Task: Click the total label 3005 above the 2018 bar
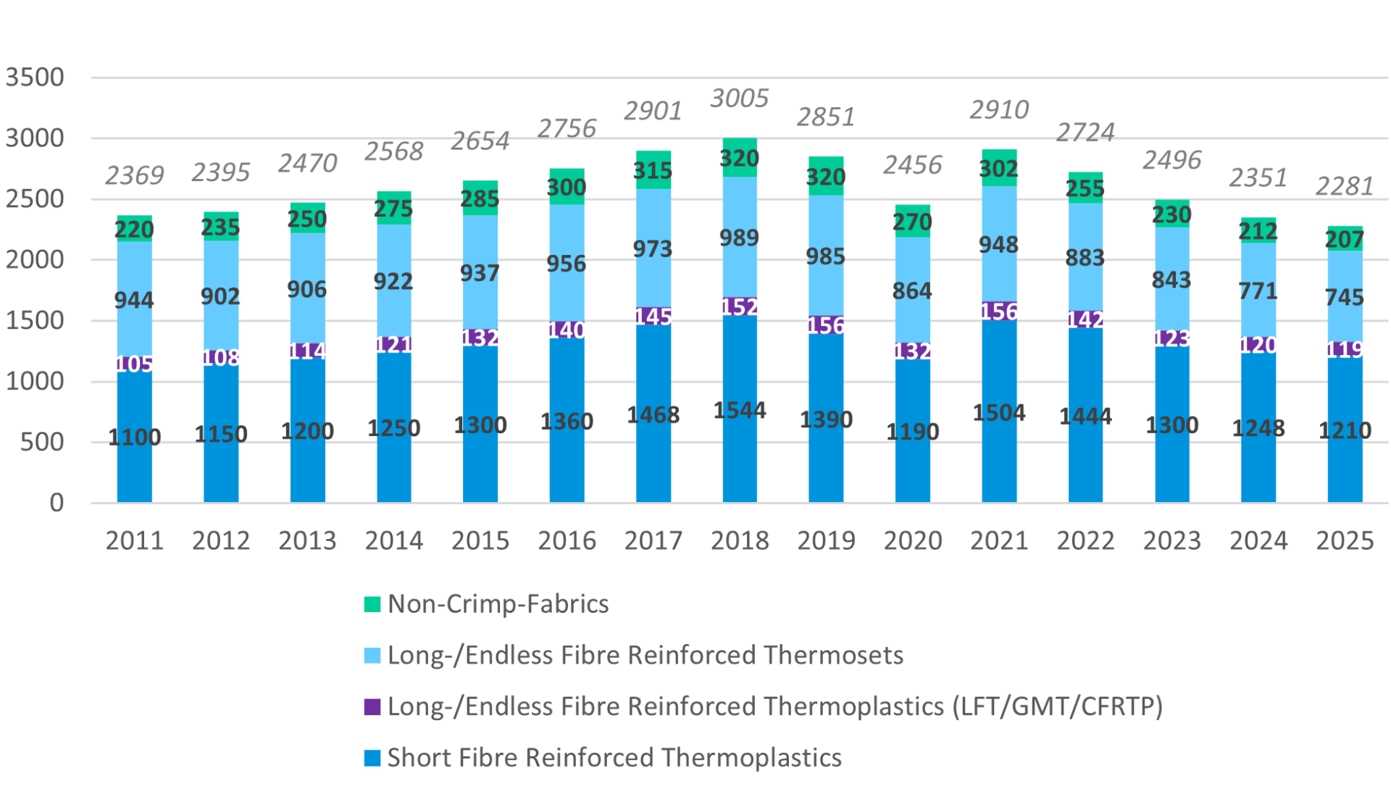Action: coord(739,99)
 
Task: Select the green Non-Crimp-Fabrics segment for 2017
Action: coord(653,170)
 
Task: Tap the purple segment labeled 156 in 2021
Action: coord(999,312)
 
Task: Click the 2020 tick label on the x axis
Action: coord(912,540)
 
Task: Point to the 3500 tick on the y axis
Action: coord(35,78)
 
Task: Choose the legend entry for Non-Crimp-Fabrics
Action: coord(498,604)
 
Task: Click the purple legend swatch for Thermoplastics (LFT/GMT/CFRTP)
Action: coord(372,707)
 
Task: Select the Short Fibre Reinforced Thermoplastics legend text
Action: coord(614,758)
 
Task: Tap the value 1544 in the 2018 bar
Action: coord(739,410)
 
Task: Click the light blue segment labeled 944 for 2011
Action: coord(135,300)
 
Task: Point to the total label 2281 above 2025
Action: coord(1344,187)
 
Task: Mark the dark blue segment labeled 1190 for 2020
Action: coord(912,432)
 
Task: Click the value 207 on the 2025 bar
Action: coord(1344,239)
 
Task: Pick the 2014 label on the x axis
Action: coord(393,540)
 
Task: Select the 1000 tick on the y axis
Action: coord(35,382)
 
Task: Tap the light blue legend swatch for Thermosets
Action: coord(372,656)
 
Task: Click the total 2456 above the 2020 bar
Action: coord(912,165)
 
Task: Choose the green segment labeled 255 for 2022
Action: coord(1085,188)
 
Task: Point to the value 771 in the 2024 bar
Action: coord(1258,291)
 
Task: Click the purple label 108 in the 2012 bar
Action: coord(221,357)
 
